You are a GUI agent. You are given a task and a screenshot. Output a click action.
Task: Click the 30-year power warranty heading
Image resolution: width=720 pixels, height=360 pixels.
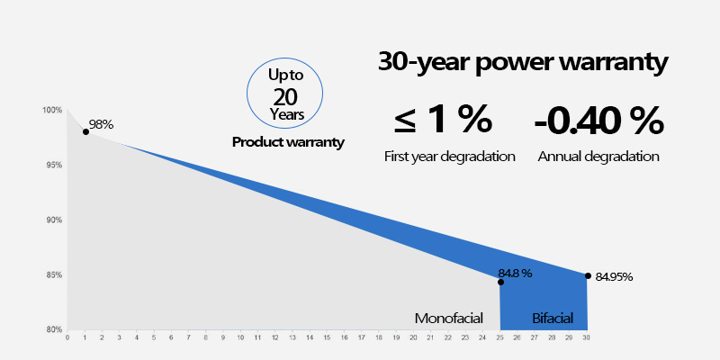(522, 63)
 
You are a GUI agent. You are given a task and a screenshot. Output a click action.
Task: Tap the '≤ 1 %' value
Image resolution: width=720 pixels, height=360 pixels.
(442, 119)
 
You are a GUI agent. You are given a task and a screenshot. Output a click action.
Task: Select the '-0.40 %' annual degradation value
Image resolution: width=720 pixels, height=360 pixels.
(598, 119)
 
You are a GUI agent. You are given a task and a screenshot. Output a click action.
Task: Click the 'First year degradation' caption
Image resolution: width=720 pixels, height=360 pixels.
(449, 157)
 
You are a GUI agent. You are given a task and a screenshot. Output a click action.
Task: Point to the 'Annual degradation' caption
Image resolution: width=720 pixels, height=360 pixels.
(598, 157)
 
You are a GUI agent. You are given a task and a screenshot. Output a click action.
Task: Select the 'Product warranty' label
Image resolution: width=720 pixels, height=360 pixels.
(288, 142)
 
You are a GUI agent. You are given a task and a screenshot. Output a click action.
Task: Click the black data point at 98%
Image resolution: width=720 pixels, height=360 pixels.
(85, 131)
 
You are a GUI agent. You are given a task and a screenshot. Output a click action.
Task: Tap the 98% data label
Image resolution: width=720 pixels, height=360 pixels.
(101, 124)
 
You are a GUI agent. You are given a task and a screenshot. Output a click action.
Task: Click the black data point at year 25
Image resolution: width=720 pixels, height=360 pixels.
(500, 282)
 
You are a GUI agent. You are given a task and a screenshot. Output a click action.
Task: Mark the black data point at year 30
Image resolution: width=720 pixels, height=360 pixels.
(588, 275)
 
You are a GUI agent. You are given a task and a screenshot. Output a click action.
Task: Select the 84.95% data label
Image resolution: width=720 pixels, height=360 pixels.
(614, 277)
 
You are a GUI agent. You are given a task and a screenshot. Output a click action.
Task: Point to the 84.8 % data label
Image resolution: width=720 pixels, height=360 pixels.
(515, 273)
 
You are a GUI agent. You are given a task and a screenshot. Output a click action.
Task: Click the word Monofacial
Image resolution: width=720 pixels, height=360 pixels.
(449, 318)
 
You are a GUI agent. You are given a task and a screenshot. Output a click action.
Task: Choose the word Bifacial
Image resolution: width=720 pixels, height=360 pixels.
(551, 318)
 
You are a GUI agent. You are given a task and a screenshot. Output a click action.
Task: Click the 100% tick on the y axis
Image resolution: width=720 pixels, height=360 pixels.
(51, 111)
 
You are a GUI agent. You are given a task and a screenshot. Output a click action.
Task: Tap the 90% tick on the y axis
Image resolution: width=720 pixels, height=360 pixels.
(53, 220)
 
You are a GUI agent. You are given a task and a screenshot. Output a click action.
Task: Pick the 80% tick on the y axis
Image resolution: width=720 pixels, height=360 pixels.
(53, 329)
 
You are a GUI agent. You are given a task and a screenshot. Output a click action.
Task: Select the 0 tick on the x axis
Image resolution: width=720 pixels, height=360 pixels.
(68, 338)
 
